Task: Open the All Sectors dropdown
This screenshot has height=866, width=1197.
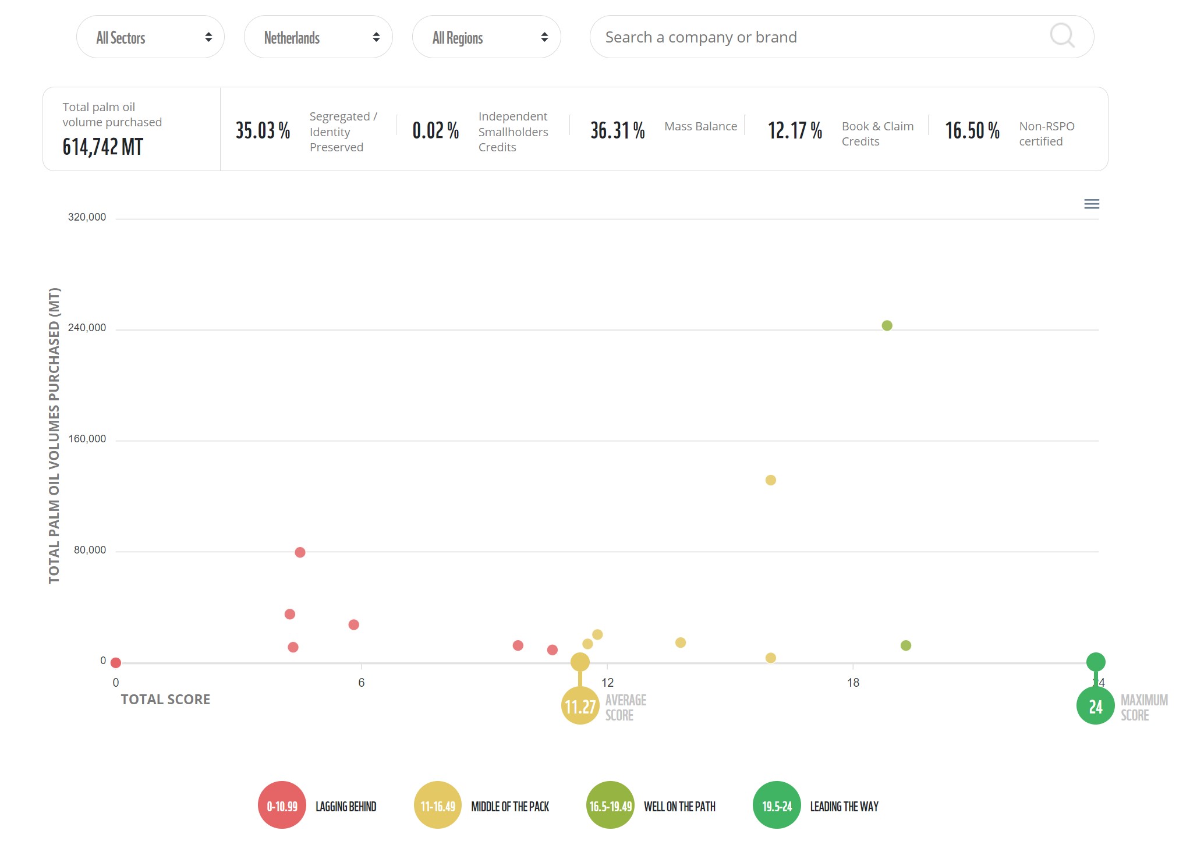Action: (x=150, y=37)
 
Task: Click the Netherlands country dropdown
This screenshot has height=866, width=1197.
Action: (x=318, y=37)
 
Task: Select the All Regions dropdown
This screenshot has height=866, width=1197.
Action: (x=486, y=37)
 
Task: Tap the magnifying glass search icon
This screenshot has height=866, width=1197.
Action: (x=1062, y=36)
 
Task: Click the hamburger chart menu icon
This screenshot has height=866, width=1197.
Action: (x=1092, y=204)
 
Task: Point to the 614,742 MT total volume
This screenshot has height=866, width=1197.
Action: (x=103, y=147)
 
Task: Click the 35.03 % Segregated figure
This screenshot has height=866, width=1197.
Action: (x=263, y=130)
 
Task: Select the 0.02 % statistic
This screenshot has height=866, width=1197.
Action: (x=435, y=130)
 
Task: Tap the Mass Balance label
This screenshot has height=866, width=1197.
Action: (x=700, y=126)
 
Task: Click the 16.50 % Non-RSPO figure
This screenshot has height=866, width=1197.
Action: (x=972, y=130)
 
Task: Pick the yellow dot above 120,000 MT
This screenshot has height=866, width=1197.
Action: (x=770, y=480)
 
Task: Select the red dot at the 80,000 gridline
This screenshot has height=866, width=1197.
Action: (x=300, y=552)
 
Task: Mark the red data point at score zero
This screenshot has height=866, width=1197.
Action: (x=116, y=663)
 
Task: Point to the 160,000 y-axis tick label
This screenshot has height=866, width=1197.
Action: (x=87, y=439)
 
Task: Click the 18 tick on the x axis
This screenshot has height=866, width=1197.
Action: (x=853, y=683)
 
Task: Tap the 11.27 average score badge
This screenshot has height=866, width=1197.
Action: (x=580, y=706)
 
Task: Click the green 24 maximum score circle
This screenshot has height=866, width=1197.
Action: (x=1095, y=706)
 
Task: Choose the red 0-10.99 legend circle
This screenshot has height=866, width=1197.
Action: (x=282, y=805)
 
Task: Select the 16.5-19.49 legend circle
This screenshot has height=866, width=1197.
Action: (x=610, y=805)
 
